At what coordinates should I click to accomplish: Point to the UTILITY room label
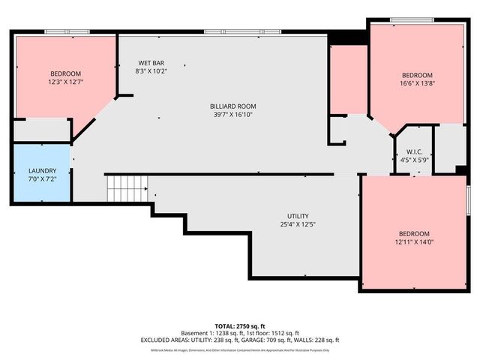tap(298, 216)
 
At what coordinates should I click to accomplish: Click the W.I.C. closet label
tap(409, 151)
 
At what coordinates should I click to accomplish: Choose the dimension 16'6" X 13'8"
tap(417, 83)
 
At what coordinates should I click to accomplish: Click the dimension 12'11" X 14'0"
tap(414, 241)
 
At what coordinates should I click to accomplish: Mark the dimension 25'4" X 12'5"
tap(298, 224)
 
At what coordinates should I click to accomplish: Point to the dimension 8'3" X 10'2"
tap(151, 71)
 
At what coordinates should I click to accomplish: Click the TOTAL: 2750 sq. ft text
tap(240, 325)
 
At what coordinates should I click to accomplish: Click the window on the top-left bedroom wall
tap(64, 31)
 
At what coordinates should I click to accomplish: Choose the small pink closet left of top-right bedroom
tap(348, 79)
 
